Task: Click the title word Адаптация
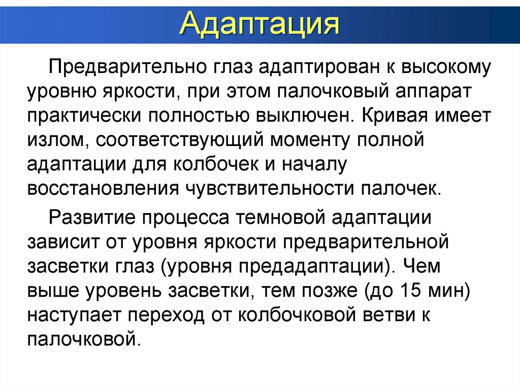click(x=259, y=24)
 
